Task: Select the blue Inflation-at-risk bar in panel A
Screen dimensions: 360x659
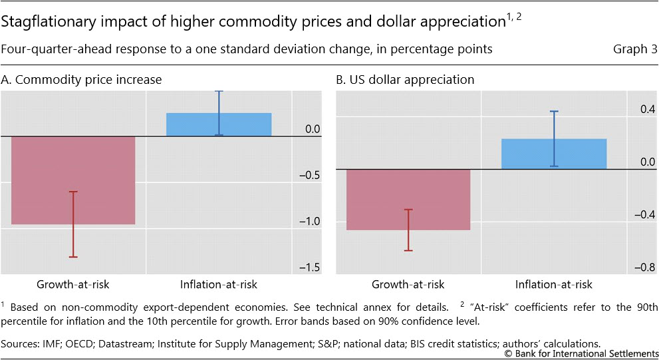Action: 193,124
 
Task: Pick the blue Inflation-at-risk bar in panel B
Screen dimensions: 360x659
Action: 525,154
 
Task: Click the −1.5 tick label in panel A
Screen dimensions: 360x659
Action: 309,267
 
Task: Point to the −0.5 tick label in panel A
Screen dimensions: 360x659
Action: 309,175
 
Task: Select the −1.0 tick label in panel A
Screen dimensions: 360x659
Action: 309,221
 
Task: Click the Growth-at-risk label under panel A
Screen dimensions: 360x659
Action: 73,285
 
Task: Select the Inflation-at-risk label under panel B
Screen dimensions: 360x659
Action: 553,285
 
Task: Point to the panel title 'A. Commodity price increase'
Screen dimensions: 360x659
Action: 81,80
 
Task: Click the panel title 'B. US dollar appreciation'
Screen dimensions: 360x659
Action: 405,80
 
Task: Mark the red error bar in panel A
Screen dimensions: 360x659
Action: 73,224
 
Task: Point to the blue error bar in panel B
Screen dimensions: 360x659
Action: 553,138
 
